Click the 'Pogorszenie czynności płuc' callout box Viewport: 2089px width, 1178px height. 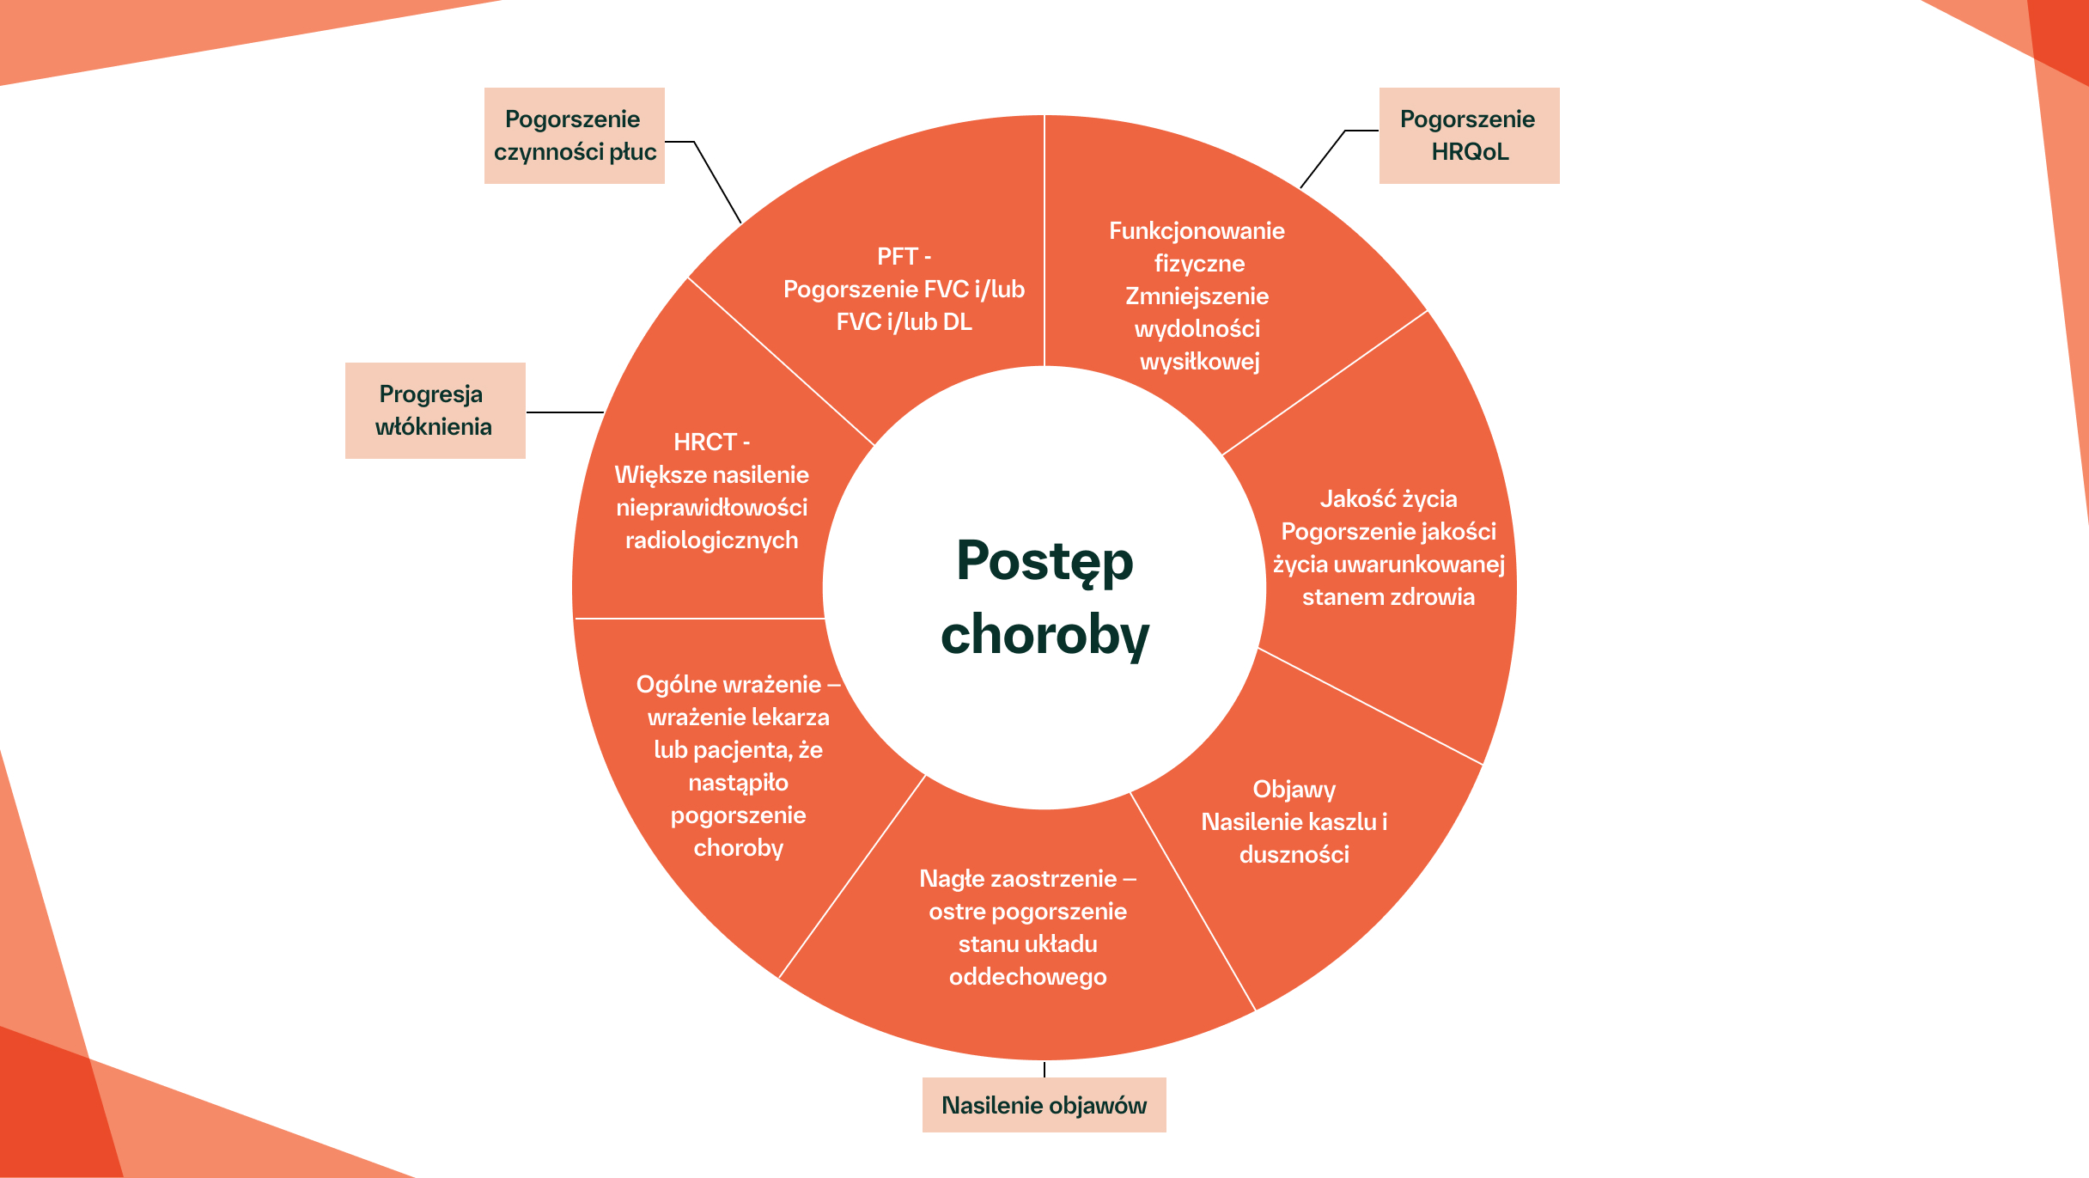(x=574, y=136)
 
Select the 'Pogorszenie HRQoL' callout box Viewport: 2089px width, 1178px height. (x=1469, y=136)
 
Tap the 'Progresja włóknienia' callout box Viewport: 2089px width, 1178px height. (x=435, y=411)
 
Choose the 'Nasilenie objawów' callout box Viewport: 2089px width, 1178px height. (x=1044, y=1105)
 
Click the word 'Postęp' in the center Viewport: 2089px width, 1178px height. (x=1044, y=562)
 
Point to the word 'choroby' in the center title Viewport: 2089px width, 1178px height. (x=1044, y=636)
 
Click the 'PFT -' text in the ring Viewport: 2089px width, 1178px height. (x=904, y=256)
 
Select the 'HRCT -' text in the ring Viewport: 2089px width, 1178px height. (x=711, y=442)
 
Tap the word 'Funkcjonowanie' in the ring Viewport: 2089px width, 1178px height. (x=1197, y=230)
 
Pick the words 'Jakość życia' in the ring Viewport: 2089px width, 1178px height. (x=1388, y=498)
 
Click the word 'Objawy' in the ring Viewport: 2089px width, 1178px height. (x=1294, y=789)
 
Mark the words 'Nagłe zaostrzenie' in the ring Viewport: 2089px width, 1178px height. (x=1018, y=878)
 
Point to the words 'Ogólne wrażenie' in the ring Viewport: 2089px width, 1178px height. (x=728, y=684)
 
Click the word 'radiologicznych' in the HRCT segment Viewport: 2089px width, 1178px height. (x=711, y=540)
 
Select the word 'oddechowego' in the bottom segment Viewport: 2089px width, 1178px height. (x=1027, y=976)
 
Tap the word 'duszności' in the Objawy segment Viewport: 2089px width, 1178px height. (x=1294, y=854)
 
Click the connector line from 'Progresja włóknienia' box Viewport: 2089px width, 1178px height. (x=565, y=412)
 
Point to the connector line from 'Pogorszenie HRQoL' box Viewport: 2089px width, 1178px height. (x=1323, y=159)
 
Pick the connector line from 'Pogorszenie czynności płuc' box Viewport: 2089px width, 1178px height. (x=717, y=182)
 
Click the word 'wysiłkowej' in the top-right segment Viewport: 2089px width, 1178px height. (x=1199, y=361)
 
